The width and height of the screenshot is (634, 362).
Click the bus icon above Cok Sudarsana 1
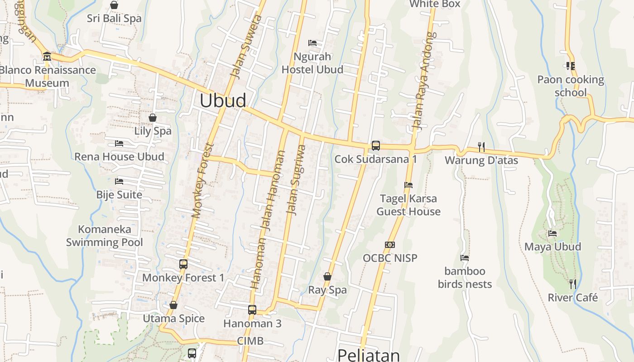pyautogui.click(x=375, y=146)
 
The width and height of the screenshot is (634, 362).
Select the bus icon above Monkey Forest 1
pyautogui.click(x=183, y=264)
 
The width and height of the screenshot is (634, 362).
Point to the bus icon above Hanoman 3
pyautogui.click(x=252, y=310)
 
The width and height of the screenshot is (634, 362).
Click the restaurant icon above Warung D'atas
pyautogui.click(x=481, y=147)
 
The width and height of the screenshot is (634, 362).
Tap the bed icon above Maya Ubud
pyautogui.click(x=552, y=233)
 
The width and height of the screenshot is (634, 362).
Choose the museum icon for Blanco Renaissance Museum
pyautogui.click(x=47, y=57)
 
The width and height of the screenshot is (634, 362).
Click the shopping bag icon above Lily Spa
pyautogui.click(x=153, y=118)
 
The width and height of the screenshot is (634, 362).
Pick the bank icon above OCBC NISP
pyautogui.click(x=390, y=245)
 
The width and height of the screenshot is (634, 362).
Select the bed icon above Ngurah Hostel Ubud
pyautogui.click(x=312, y=43)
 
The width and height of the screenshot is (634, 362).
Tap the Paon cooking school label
pyautogui.click(x=571, y=86)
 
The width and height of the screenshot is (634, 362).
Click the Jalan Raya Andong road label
pyautogui.click(x=422, y=81)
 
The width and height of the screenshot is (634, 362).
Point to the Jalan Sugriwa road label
pyautogui.click(x=297, y=180)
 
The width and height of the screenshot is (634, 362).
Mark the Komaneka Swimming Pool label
pyautogui.click(x=105, y=236)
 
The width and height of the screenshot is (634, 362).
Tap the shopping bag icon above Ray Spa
pyautogui.click(x=327, y=276)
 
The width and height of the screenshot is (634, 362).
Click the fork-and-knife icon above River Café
pyautogui.click(x=573, y=284)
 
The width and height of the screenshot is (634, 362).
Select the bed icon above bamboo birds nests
pyautogui.click(x=465, y=258)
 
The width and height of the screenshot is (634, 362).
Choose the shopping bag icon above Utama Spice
pyautogui.click(x=173, y=305)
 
